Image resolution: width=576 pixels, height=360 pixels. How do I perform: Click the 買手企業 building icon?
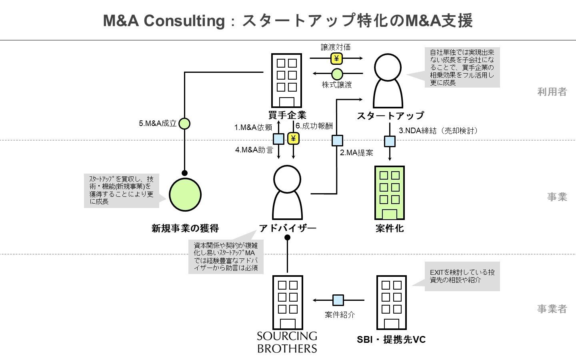pyautogui.click(x=286, y=80)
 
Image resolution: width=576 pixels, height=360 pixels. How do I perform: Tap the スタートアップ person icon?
pyautogui.click(x=388, y=81)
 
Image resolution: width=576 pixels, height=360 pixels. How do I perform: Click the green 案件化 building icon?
pyautogui.click(x=389, y=193)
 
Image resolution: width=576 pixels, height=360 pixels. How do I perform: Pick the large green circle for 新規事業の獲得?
pyautogui.click(x=185, y=194)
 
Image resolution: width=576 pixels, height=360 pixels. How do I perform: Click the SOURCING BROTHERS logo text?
pyautogui.click(x=287, y=342)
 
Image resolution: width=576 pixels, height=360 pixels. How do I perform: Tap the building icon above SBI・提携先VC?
pyautogui.click(x=391, y=302)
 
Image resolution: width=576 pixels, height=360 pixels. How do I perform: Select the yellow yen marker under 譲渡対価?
pyautogui.click(x=336, y=59)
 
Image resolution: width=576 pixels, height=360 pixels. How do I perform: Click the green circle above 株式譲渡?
pyautogui.click(x=337, y=74)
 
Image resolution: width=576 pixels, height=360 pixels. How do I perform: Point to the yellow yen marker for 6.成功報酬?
pyautogui.click(x=293, y=139)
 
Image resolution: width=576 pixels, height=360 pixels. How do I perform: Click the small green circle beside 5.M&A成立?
pyautogui.click(x=184, y=124)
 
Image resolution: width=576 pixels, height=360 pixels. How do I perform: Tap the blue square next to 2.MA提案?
pyautogui.click(x=337, y=141)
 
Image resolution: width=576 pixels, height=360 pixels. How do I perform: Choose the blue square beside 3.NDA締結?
pyautogui.click(x=390, y=141)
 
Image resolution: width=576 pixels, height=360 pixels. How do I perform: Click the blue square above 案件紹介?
pyautogui.click(x=338, y=300)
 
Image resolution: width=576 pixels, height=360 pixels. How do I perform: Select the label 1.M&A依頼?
pyautogui.click(x=253, y=128)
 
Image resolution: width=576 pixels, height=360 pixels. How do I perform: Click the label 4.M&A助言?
pyautogui.click(x=254, y=150)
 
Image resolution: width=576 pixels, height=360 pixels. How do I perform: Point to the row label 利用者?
pyautogui.click(x=552, y=92)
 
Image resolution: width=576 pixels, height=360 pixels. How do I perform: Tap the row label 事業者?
pyautogui.click(x=552, y=309)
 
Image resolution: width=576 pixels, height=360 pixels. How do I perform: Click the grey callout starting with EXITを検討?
pyautogui.click(x=462, y=276)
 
